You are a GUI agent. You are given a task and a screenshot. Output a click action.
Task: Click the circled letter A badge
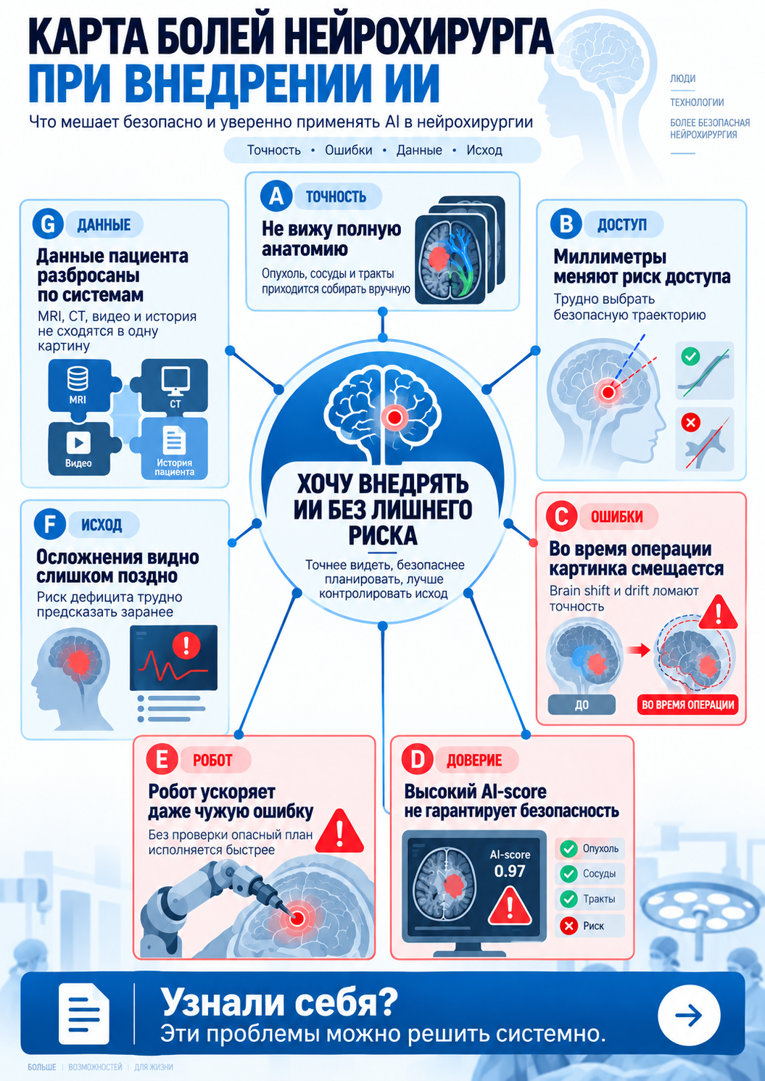coord(276,196)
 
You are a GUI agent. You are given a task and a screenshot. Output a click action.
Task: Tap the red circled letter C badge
coord(561,516)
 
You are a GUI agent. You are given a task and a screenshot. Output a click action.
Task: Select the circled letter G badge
coord(49,225)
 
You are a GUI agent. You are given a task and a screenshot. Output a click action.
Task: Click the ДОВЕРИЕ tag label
coord(474,760)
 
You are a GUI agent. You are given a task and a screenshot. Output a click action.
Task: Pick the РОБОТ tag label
coord(213,760)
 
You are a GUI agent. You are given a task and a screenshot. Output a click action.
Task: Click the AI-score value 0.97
coord(510,871)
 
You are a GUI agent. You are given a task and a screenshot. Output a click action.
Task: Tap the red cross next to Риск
coord(569,926)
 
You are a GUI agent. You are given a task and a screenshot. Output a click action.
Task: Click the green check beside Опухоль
coord(569,849)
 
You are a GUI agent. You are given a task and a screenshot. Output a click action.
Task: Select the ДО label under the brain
coord(582,705)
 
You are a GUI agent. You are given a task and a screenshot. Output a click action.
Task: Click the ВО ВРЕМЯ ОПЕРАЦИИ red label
coord(688,705)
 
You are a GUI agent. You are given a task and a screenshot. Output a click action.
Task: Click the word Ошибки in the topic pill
coord(349,150)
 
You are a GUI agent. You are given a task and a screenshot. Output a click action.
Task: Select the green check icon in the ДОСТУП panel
coord(690,357)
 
